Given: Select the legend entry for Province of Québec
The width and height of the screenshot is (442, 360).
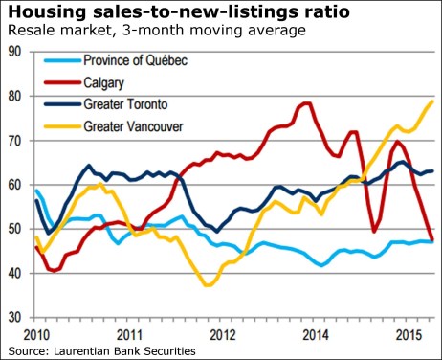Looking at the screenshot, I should pyautogui.click(x=140, y=61).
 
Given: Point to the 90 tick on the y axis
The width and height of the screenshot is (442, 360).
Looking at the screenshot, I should pyautogui.click(x=15, y=52).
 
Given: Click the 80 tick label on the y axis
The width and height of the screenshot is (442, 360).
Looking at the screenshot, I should pyautogui.click(x=15, y=96).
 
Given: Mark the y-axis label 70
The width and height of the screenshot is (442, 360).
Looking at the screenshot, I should pyautogui.click(x=15, y=140).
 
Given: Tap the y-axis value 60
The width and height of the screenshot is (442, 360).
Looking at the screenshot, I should pyautogui.click(x=15, y=184).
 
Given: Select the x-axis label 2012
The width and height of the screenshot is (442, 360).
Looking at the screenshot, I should pyautogui.click(x=222, y=335).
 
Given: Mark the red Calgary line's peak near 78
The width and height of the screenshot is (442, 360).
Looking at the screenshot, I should pyautogui.click(x=307, y=103).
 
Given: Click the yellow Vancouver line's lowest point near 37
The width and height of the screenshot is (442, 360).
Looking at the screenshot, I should pyautogui.click(x=208, y=284).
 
